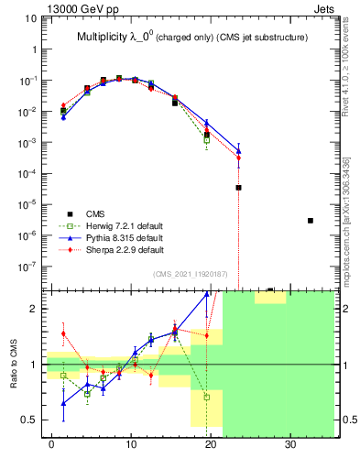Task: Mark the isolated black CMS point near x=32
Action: click(311, 221)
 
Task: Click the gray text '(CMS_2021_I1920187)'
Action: click(191, 274)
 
